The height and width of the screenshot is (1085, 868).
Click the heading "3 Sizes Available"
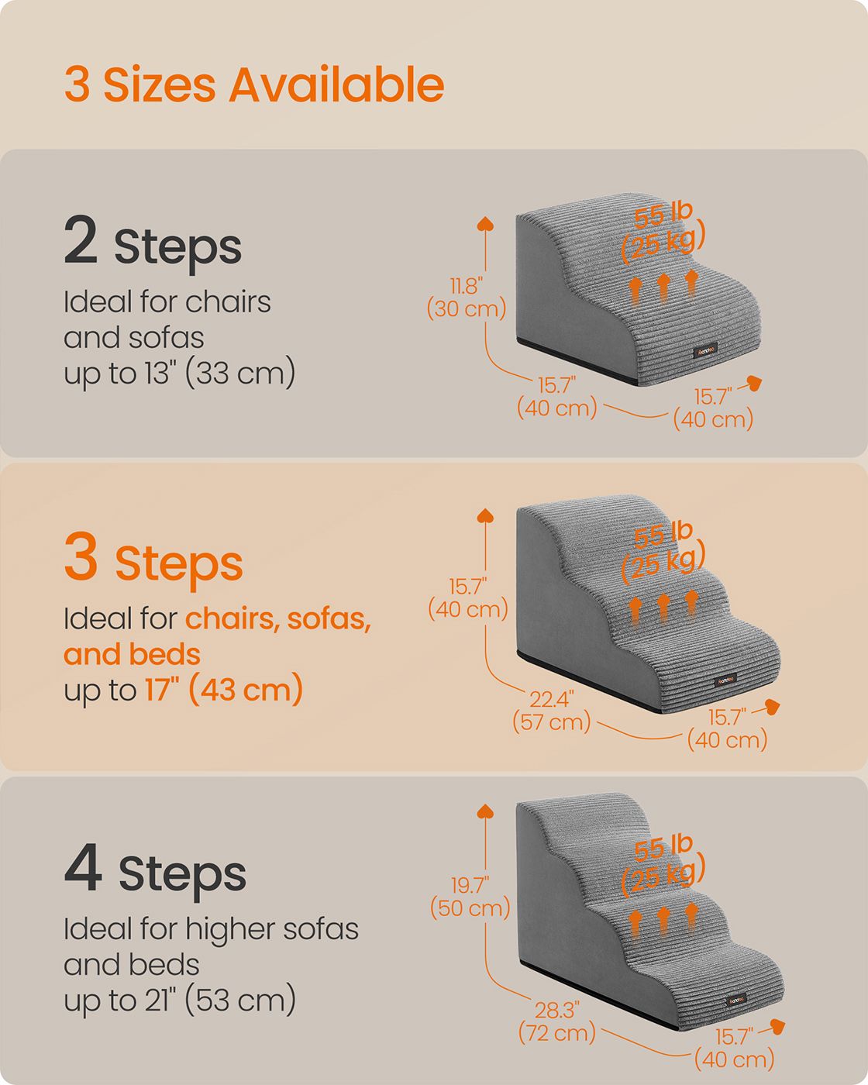(254, 84)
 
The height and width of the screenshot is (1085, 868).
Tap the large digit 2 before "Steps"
(81, 239)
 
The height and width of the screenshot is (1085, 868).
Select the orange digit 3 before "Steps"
(81, 555)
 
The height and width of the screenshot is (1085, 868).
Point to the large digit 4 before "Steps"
(83, 867)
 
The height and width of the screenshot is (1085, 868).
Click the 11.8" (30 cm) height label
(467, 298)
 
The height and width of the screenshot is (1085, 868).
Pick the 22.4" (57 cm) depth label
(551, 711)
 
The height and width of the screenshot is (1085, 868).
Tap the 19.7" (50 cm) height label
(470, 897)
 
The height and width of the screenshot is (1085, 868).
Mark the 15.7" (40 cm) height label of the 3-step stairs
(467, 598)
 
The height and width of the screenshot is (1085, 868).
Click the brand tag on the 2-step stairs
(705, 350)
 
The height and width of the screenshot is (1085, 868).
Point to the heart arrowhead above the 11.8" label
(485, 223)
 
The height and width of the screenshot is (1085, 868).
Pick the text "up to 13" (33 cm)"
(179, 373)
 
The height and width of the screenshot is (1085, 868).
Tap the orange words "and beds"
(133, 654)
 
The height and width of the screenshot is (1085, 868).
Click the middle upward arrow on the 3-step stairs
(663, 608)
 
